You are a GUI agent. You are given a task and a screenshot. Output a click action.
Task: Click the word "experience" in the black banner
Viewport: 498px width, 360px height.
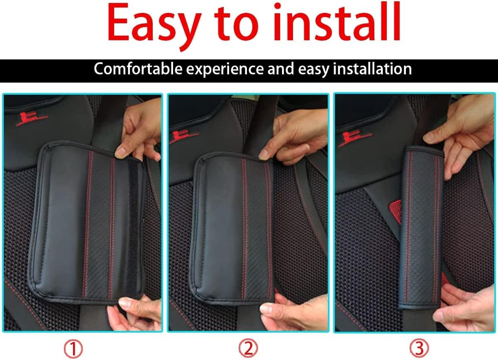(x=225, y=69)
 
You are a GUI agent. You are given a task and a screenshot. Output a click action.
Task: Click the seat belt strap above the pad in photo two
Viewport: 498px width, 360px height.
(x=259, y=125)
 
